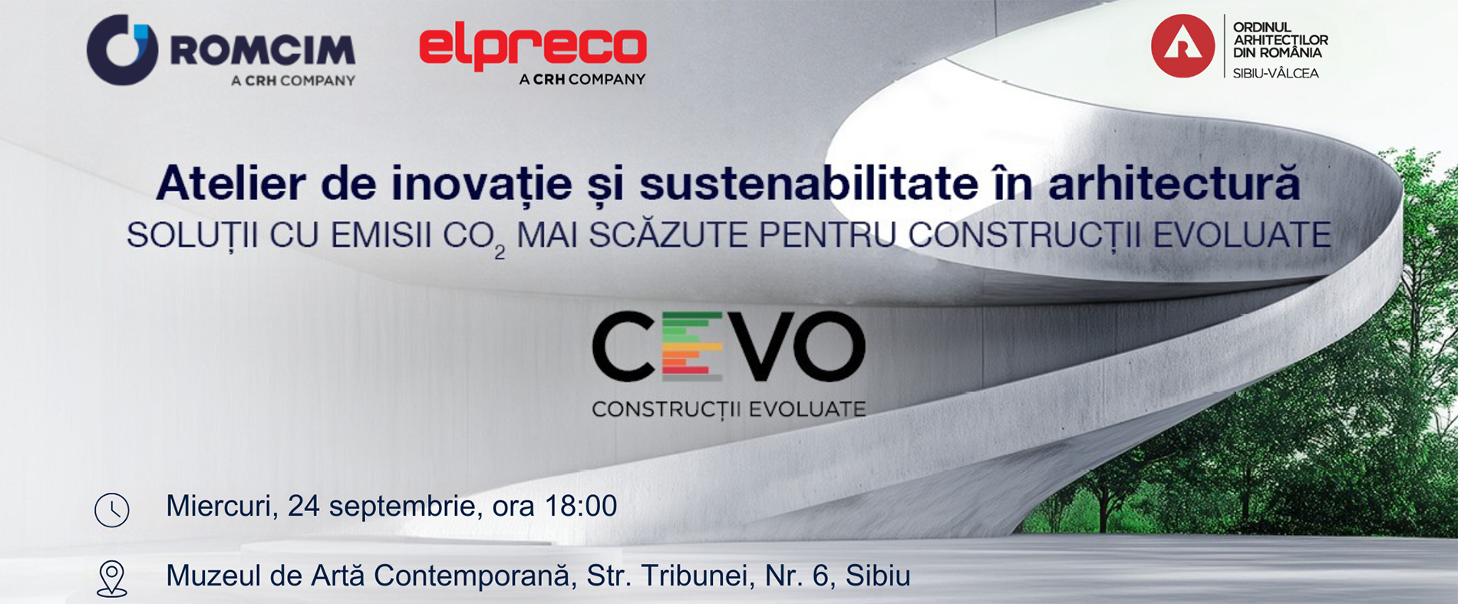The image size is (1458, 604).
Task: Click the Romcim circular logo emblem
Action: (x=122, y=50)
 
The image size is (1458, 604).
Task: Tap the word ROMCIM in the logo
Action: (x=262, y=51)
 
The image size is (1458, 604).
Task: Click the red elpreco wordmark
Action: (x=533, y=48)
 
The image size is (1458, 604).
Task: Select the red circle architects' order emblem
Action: (x=1183, y=46)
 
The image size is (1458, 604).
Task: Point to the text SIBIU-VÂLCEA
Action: (x=1275, y=74)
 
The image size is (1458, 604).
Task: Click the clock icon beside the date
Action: (x=112, y=510)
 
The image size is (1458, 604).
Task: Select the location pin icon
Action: (x=112, y=579)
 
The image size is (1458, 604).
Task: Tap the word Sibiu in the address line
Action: (x=878, y=576)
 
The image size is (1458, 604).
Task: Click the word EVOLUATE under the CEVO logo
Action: (x=807, y=409)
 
